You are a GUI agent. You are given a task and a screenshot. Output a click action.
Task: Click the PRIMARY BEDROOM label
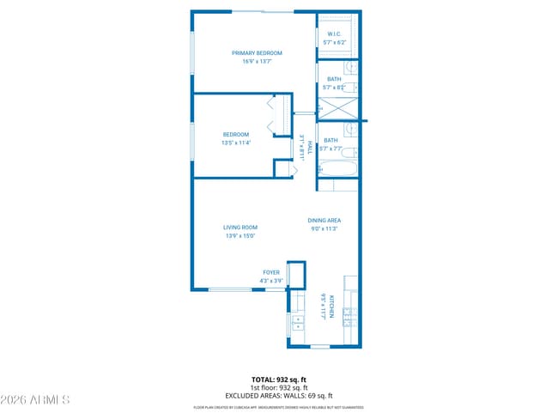(256, 53)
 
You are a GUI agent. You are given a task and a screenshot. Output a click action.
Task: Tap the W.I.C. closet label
(335, 34)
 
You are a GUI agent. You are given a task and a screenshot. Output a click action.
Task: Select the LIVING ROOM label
(240, 228)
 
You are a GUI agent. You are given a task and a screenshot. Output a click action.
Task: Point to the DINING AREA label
(324, 221)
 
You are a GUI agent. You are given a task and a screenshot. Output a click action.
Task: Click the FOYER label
(271, 273)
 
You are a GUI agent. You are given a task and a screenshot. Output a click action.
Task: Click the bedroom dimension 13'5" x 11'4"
(236, 143)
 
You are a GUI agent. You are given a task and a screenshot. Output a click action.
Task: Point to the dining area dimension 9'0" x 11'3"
(324, 228)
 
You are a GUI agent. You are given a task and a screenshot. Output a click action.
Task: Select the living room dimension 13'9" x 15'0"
(240, 235)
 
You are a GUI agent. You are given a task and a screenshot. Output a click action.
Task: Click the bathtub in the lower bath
(338, 169)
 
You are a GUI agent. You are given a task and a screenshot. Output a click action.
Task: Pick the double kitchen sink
(297, 324)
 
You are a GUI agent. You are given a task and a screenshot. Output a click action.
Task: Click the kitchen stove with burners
(349, 317)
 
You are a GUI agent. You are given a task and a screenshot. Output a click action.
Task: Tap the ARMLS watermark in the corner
(35, 400)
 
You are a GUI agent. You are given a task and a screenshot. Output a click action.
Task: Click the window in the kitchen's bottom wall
(320, 347)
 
